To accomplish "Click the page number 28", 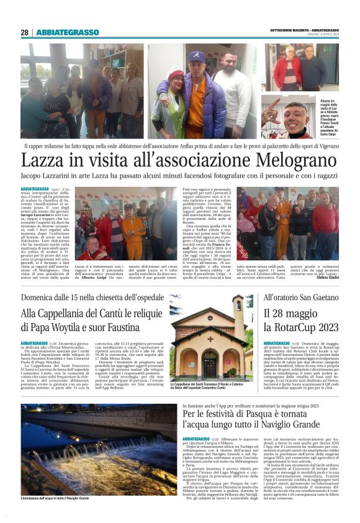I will (24, 32).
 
